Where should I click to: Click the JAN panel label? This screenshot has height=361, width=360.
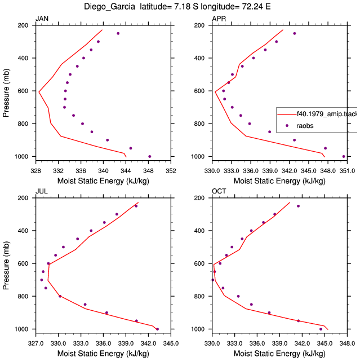pos(42,19)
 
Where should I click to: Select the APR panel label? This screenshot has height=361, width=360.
pos(219,19)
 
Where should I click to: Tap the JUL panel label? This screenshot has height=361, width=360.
pos(42,191)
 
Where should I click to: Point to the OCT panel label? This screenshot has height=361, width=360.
pos(219,191)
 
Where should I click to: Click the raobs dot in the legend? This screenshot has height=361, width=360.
pos(287,125)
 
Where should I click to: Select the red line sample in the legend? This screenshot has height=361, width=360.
pos(287,114)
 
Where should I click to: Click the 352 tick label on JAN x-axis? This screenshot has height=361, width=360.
pos(171,171)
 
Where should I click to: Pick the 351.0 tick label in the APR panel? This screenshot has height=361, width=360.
pos(347,171)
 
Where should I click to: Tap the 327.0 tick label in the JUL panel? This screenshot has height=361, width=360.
pos(35,344)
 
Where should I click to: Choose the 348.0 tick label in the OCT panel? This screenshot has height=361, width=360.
pos(347,344)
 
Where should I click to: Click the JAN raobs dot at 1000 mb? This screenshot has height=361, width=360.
pos(150,157)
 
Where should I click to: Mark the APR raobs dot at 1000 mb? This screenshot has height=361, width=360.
pos(344,157)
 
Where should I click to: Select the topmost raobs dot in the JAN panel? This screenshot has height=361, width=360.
pos(118,33)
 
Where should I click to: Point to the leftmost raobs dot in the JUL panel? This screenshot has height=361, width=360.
pos(42,280)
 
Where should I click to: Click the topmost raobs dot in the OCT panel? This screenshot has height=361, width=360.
pos(298,206)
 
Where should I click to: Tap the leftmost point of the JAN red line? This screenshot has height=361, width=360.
pos(39,92)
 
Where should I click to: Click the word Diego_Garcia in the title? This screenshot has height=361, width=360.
pos(109,6)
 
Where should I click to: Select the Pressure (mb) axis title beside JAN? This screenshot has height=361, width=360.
pos(6,93)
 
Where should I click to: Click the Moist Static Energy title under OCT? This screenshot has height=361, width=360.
pos(279,354)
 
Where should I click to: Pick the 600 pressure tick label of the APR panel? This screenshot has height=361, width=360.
pos(199,91)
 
